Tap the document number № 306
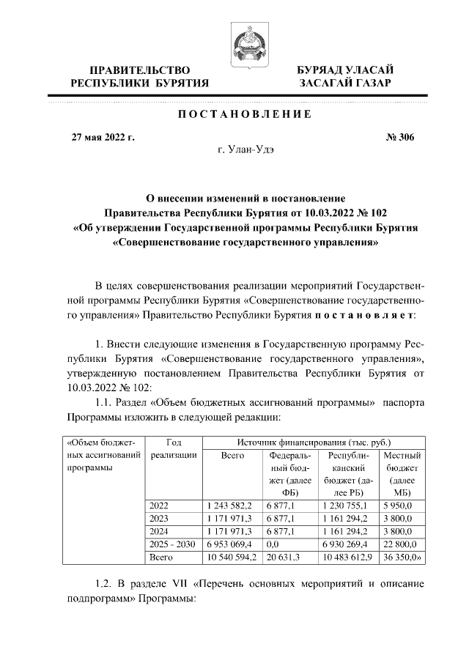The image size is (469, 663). [399, 136]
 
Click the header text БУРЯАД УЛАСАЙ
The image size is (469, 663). [344, 70]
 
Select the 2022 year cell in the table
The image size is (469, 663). [158, 505]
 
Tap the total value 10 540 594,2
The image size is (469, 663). [229, 558]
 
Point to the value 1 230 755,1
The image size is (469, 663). [347, 505]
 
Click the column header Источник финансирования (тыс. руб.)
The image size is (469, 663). [314, 442]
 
